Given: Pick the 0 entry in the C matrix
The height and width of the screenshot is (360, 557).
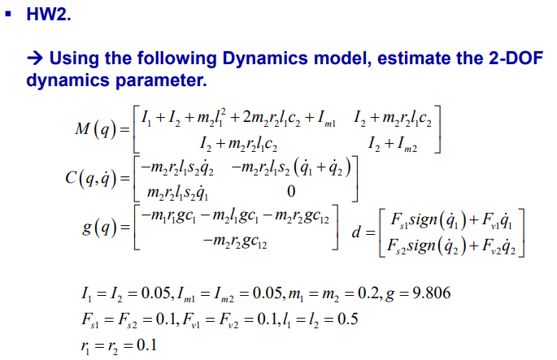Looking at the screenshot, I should pyautogui.click(x=290, y=192).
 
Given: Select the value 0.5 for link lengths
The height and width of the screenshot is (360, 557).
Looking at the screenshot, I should pyautogui.click(x=345, y=317).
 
